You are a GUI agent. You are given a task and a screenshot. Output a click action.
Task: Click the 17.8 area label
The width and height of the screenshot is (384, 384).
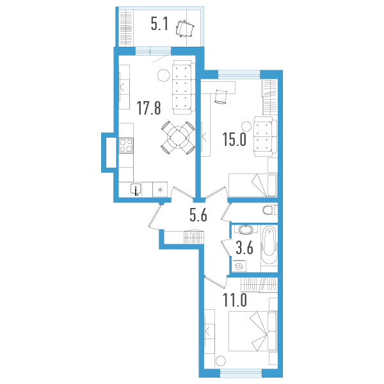[x=149, y=109]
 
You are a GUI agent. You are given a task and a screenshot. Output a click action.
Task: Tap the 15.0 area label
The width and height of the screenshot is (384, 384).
[x=234, y=140]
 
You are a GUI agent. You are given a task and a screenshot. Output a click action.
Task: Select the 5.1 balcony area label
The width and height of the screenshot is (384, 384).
[x=159, y=24]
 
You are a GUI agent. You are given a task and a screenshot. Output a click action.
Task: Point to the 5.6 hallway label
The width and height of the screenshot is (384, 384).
[x=198, y=215]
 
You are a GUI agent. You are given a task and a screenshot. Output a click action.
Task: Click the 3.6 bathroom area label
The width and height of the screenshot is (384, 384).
[x=244, y=248]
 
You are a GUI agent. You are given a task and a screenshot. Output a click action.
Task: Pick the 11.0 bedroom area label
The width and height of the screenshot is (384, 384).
[x=235, y=300]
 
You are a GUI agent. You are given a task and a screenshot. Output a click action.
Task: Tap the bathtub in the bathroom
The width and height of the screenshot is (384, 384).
[x=269, y=245]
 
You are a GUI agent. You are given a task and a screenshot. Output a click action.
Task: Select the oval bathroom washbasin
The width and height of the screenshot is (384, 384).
[x=246, y=230]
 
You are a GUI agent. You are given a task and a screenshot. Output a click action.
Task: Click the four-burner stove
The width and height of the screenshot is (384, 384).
[x=126, y=145]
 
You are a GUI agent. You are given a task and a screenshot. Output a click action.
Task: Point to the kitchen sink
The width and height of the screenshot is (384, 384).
[x=136, y=189]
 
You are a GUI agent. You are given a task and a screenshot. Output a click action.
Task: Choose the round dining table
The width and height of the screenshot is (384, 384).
[x=178, y=138]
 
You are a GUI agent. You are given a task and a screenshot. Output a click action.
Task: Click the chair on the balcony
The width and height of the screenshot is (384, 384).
[x=185, y=28]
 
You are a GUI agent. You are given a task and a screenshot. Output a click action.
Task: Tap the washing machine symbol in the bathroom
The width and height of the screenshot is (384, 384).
[x=239, y=266]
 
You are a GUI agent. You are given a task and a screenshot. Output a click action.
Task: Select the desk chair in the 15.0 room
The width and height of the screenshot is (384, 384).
[x=221, y=97]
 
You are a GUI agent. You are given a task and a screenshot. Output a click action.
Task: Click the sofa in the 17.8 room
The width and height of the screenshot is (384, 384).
[x=184, y=87]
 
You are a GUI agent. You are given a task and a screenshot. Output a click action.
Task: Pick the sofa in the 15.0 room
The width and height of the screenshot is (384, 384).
[x=266, y=136]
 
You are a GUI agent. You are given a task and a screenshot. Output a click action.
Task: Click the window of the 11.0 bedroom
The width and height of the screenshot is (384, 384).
[x=241, y=372]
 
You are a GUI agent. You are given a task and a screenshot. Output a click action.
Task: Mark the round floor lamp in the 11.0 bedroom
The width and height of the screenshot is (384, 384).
[x=221, y=361]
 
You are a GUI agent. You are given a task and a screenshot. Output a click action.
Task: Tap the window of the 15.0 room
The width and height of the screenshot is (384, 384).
[x=239, y=74]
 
